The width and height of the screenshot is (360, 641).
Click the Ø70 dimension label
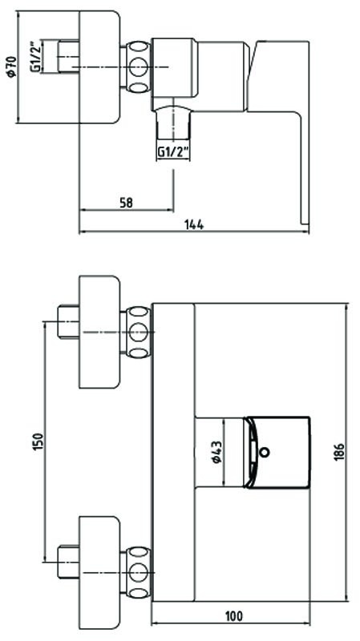click(11, 66)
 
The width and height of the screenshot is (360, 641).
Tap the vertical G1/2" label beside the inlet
click(36, 56)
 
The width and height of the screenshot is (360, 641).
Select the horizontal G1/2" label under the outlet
click(174, 152)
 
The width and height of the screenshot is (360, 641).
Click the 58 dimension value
click(127, 203)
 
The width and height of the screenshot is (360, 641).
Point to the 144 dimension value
click(194, 224)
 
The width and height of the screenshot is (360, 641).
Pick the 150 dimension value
click(38, 441)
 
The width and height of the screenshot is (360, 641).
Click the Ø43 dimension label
click(217, 452)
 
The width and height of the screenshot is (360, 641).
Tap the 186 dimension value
click(339, 452)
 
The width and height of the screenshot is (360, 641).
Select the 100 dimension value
click(233, 615)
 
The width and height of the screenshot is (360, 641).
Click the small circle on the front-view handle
click(265, 452)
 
